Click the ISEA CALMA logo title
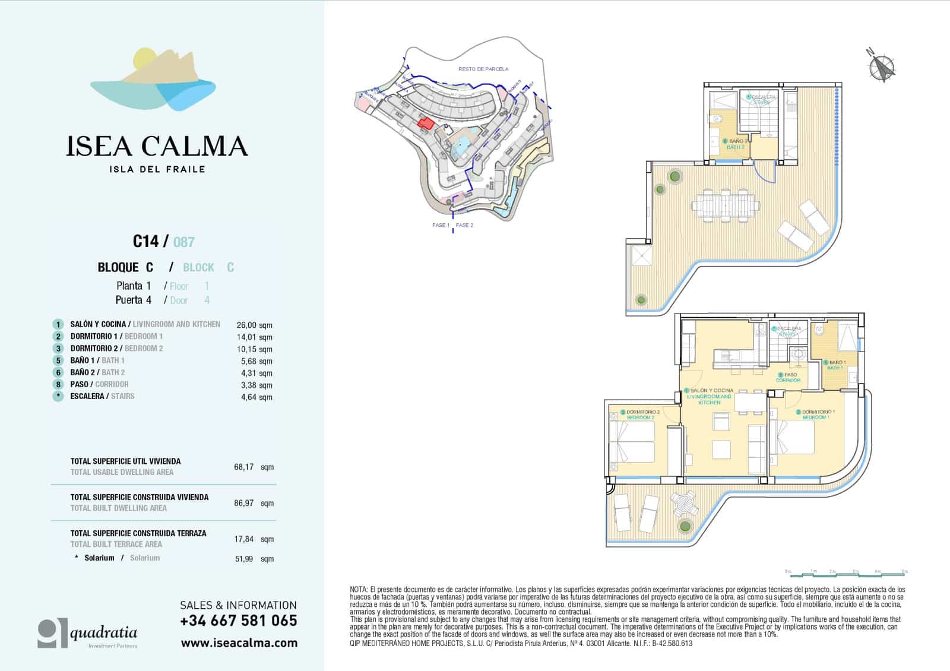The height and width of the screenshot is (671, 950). (x=157, y=146)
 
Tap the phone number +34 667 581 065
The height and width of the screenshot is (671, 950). (x=239, y=621)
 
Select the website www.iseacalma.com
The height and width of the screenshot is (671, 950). (x=239, y=643)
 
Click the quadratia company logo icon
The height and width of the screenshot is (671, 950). (x=53, y=634)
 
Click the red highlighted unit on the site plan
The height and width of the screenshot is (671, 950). (x=425, y=123)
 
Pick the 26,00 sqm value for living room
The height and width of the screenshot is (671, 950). (x=254, y=325)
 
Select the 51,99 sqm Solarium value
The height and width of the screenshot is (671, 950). (x=254, y=559)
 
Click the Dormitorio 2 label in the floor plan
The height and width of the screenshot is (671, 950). (x=642, y=414)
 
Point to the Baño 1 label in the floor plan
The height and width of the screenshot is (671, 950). (x=837, y=365)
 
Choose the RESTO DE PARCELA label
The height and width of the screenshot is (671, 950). (x=483, y=69)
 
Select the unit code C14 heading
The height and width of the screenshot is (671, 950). (x=145, y=241)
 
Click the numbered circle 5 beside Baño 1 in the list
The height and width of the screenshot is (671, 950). (x=58, y=360)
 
